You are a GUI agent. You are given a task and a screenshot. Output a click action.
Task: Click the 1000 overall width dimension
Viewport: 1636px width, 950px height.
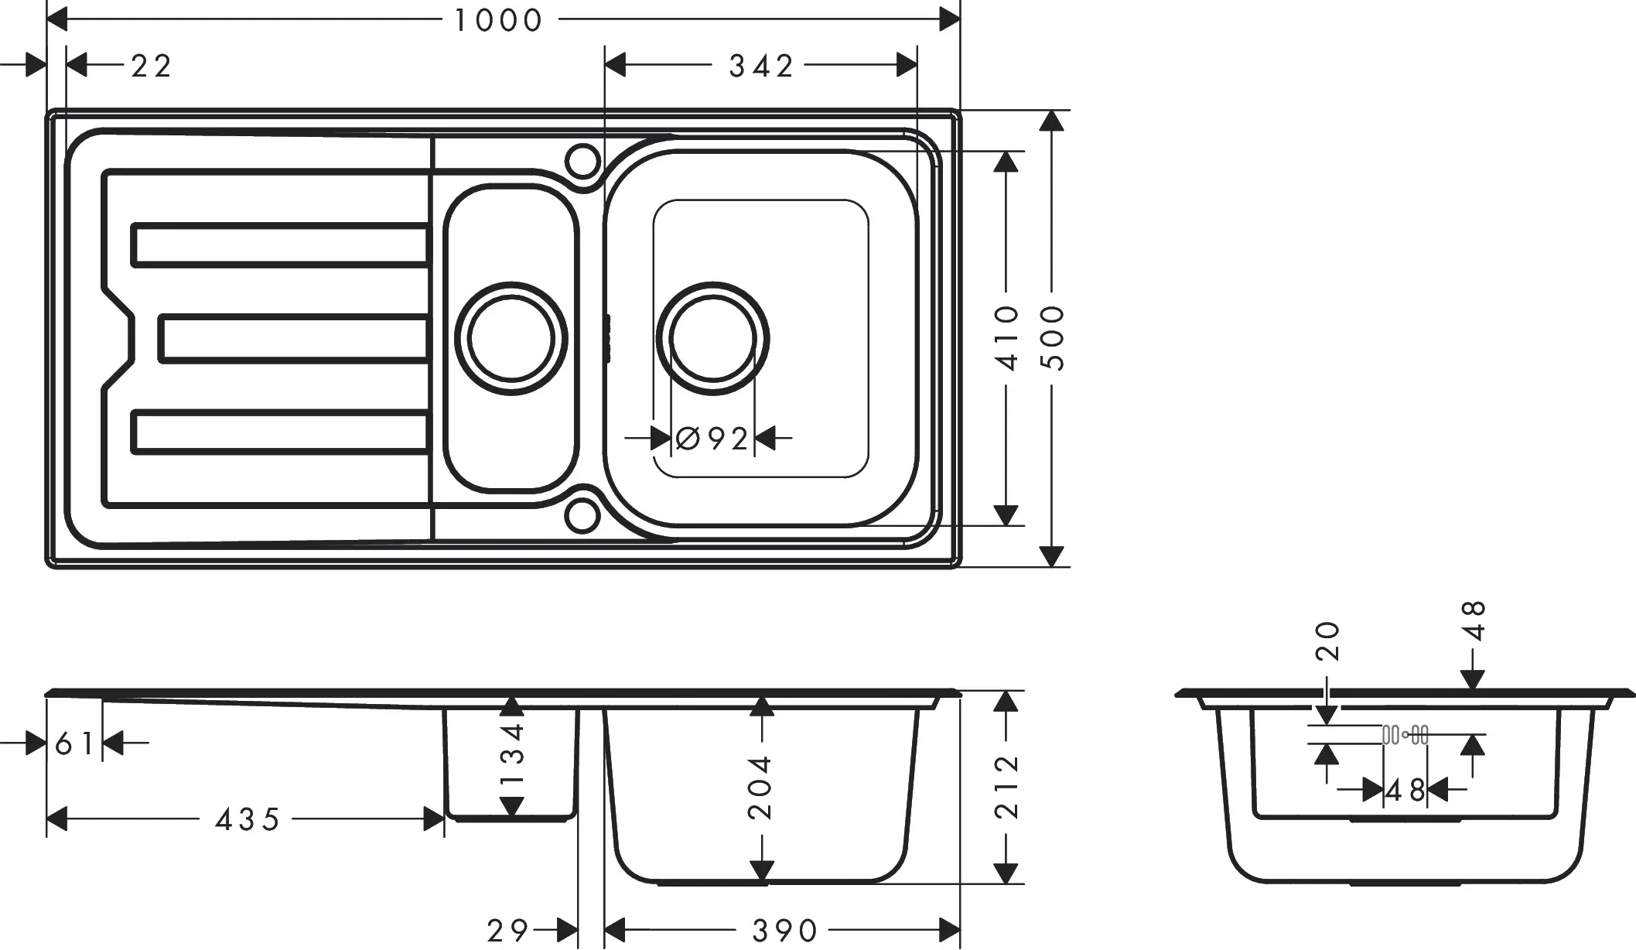pos(498,20)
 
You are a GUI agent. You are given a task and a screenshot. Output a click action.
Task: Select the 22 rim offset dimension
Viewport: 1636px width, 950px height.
pos(151,67)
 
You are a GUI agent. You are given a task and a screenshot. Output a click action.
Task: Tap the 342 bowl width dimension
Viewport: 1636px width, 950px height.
pos(761,67)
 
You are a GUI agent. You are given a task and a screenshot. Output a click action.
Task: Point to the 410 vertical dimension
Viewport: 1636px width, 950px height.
pos(1008,337)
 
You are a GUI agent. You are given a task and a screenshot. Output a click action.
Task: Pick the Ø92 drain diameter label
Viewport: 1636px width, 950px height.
pos(712,439)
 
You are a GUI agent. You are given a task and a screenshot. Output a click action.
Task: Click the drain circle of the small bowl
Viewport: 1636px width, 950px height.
pos(511,338)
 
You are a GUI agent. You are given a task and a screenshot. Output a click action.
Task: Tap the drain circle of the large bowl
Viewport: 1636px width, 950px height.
pos(712,338)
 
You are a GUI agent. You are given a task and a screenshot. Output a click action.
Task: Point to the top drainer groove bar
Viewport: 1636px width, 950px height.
pos(280,244)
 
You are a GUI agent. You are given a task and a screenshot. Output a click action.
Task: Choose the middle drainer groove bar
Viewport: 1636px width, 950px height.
pos(294,338)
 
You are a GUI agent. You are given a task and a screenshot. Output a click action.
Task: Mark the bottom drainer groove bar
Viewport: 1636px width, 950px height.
pos(280,432)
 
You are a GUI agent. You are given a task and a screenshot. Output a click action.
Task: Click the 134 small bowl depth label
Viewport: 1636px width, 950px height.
pos(512,754)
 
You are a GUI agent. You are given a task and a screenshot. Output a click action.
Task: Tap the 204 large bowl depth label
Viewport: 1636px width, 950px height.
pos(761,787)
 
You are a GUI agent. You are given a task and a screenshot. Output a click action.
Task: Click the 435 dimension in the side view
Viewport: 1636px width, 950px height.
pos(248,819)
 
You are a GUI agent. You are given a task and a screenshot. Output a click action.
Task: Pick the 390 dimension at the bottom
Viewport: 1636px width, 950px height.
pos(784,931)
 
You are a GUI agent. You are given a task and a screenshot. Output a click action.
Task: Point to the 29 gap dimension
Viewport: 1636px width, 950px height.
pos(507,931)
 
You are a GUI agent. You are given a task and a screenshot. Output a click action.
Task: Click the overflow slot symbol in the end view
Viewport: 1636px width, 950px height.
pos(1405,735)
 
